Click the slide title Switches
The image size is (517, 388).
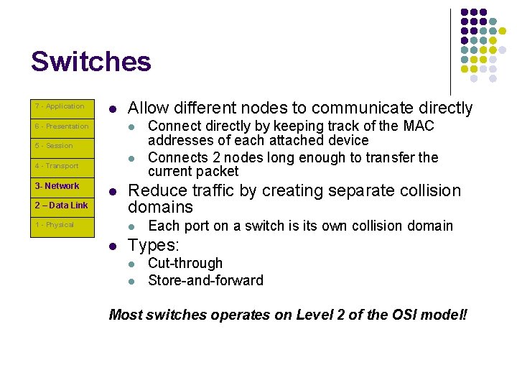[x=91, y=62]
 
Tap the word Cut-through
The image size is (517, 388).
[x=185, y=264]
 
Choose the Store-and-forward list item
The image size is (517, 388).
[x=205, y=280]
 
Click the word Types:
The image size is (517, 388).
[x=152, y=246]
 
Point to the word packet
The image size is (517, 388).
[x=219, y=172]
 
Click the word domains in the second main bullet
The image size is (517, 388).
[x=160, y=208]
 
